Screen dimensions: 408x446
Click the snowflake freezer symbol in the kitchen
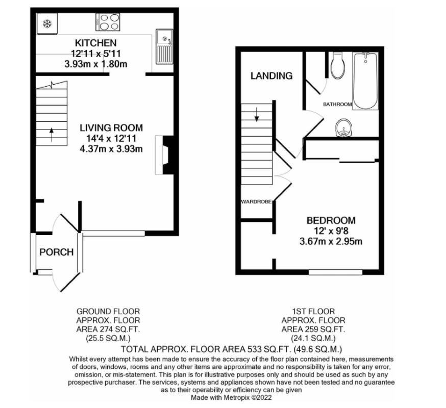[47, 23]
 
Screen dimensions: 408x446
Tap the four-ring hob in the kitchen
[108, 22]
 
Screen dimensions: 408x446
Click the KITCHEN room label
[95, 43]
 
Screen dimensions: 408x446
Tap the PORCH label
[56, 252]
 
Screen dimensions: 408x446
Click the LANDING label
[271, 76]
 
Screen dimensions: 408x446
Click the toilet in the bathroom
[337, 66]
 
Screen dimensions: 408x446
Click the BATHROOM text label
[337, 104]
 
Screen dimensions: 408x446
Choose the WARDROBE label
[256, 202]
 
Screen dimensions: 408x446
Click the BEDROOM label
[331, 220]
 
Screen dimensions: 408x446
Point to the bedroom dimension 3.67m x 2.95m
[331, 241]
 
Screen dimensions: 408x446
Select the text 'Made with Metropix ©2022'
[231, 396]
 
